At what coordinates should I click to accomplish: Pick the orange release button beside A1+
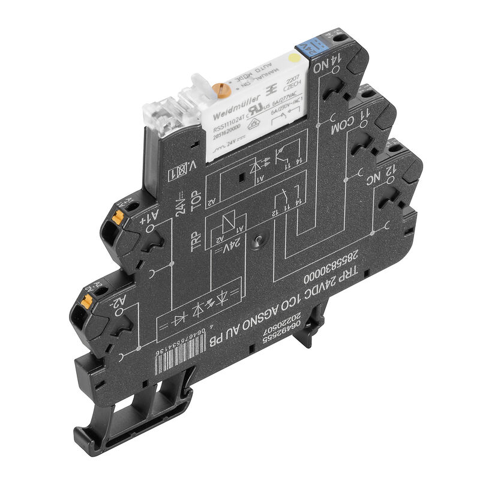point(120,213)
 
